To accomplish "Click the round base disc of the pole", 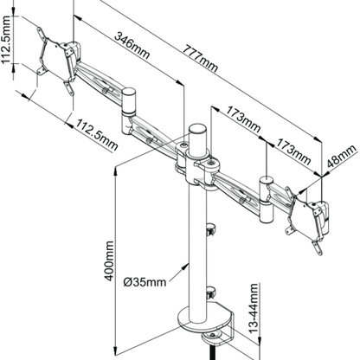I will (194, 317).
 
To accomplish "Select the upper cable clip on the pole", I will (209, 230).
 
